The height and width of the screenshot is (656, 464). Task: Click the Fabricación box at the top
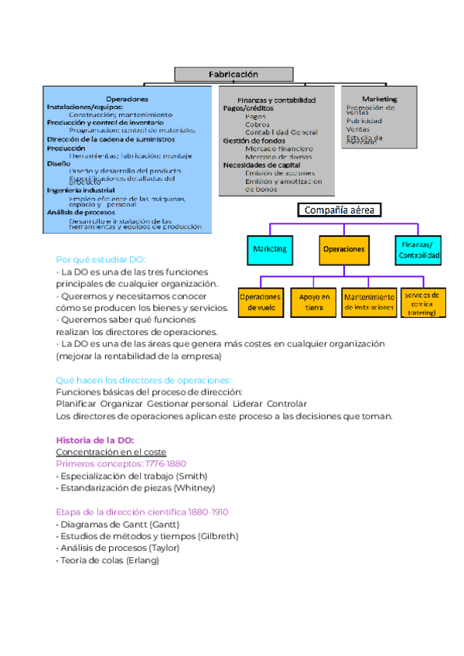point(233,74)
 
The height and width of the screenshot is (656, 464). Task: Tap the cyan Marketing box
point(269,249)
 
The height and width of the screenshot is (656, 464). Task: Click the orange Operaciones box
point(343,249)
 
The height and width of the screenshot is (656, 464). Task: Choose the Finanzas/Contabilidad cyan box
point(418,249)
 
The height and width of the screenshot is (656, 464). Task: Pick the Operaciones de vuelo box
point(260,302)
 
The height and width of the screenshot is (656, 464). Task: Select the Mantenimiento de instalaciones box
point(368,302)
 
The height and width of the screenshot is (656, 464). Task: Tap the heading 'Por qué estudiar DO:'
point(101,260)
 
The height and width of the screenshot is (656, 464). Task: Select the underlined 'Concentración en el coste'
point(111,452)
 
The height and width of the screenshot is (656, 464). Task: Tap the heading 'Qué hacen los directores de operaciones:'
point(144,380)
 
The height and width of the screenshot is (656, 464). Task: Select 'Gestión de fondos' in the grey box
point(254,141)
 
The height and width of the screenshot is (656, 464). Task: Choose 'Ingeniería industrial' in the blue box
point(81,190)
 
